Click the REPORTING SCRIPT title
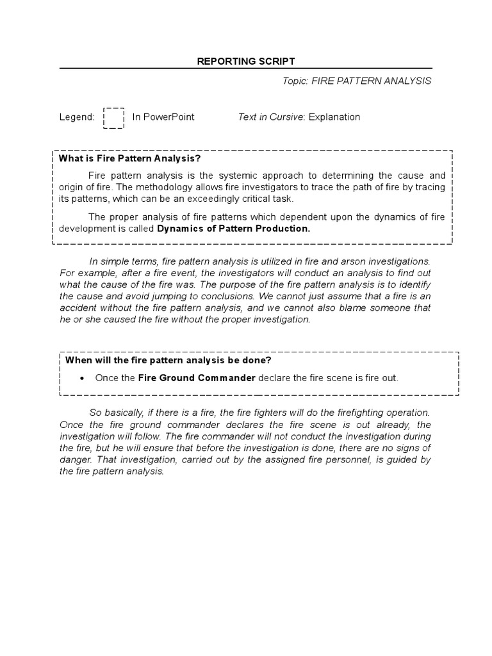click(x=246, y=61)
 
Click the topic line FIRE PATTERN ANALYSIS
click(x=357, y=81)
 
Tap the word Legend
click(x=76, y=117)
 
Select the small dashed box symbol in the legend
click(x=113, y=118)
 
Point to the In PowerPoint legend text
click(x=163, y=117)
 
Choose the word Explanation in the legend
click(x=334, y=117)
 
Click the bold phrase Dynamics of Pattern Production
click(x=233, y=228)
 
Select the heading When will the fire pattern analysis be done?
click(x=168, y=360)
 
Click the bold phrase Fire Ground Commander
click(x=197, y=378)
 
